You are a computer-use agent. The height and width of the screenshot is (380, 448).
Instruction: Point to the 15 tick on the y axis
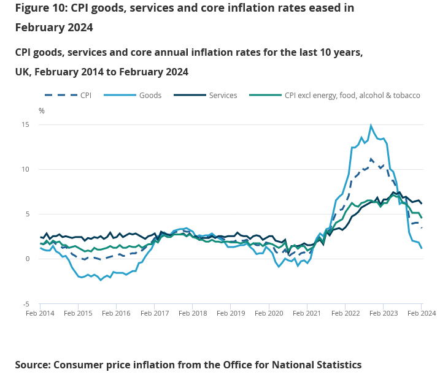(x=25, y=124)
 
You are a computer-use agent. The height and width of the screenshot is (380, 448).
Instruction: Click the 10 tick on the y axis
(x=25, y=169)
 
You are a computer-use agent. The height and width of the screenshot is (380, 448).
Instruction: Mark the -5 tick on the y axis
(x=26, y=304)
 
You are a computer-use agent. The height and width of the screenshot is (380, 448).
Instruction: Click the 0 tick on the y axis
(x=27, y=259)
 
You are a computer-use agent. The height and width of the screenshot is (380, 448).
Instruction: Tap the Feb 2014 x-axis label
(x=40, y=313)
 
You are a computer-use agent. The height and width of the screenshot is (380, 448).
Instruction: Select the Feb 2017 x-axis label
(x=154, y=313)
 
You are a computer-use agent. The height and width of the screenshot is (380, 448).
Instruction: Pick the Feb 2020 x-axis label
(x=269, y=313)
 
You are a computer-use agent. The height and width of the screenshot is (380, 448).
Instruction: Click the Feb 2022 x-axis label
(x=345, y=313)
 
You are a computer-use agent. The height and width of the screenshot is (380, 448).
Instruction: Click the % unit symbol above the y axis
(x=42, y=111)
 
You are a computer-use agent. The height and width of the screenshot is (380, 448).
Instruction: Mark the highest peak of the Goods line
(x=371, y=126)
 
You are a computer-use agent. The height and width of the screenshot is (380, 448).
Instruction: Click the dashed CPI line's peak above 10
(x=371, y=159)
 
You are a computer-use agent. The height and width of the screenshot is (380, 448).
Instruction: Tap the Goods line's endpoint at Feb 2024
(x=422, y=248)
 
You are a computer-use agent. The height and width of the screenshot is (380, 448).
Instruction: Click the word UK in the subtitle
(x=23, y=72)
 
